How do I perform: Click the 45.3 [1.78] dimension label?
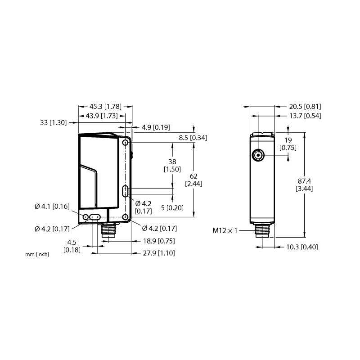105,107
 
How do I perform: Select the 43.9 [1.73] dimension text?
102,116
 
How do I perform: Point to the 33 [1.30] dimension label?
54,122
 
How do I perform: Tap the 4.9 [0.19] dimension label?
156,127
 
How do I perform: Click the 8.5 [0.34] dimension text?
193,138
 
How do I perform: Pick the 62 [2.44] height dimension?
193,180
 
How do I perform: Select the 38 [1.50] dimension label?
172,166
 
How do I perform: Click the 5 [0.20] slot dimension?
172,208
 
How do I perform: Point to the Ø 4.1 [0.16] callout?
52,207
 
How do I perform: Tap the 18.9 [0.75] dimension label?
159,241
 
